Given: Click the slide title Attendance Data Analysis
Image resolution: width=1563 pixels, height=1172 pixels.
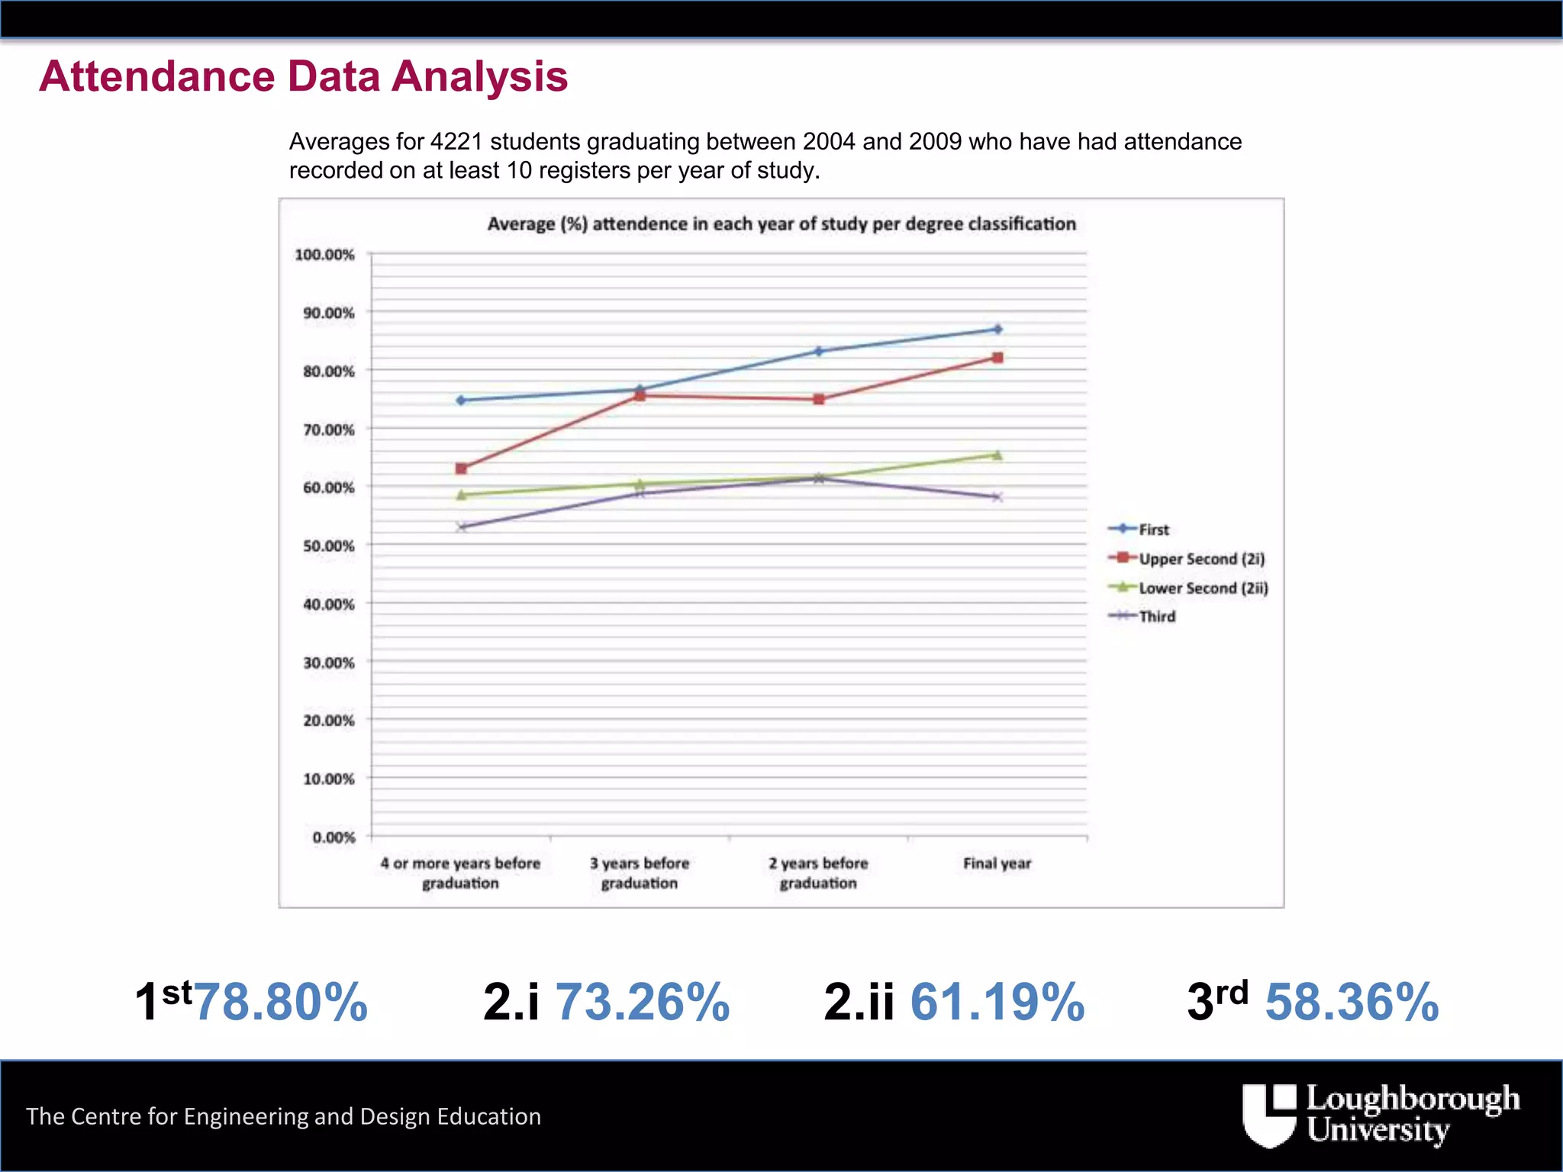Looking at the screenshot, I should click(x=304, y=76).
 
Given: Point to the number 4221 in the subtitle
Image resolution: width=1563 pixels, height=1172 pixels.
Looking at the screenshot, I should click(x=456, y=142).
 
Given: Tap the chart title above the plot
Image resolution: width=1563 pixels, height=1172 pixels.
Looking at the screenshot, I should click(x=781, y=224).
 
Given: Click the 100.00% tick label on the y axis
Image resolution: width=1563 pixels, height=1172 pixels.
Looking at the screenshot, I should click(x=325, y=255).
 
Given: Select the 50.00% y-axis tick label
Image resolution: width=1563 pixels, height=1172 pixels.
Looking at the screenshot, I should click(x=329, y=546).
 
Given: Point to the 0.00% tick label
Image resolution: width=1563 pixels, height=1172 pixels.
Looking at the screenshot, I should click(x=334, y=838).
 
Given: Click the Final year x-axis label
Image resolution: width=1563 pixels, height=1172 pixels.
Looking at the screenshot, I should click(x=997, y=864).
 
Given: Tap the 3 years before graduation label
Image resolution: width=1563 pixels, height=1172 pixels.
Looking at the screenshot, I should click(x=640, y=873).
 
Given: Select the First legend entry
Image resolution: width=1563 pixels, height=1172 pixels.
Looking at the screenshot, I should click(x=1153, y=530).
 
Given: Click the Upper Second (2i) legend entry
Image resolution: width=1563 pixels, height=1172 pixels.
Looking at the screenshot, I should click(x=1201, y=559).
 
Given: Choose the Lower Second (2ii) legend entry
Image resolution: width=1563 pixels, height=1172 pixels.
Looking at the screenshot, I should click(x=1203, y=588).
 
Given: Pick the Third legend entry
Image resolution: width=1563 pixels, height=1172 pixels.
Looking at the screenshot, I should click(x=1157, y=617).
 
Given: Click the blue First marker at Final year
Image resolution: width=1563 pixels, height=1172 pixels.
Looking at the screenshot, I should click(x=997, y=330).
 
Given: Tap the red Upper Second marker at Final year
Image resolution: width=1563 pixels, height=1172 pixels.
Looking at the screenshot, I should click(x=997, y=358).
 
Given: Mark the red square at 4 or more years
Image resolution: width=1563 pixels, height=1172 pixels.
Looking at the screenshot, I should click(x=461, y=468).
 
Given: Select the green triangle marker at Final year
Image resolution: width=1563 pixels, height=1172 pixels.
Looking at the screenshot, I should click(x=997, y=456).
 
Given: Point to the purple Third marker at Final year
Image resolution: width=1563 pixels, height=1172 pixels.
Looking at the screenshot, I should click(x=997, y=497).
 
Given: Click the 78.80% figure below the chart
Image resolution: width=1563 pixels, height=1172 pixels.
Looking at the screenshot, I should click(x=281, y=1002).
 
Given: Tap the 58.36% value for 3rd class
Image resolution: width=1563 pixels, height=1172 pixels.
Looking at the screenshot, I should click(x=1352, y=1002).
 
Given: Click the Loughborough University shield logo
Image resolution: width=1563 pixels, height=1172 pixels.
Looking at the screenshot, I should click(x=1269, y=1115).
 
